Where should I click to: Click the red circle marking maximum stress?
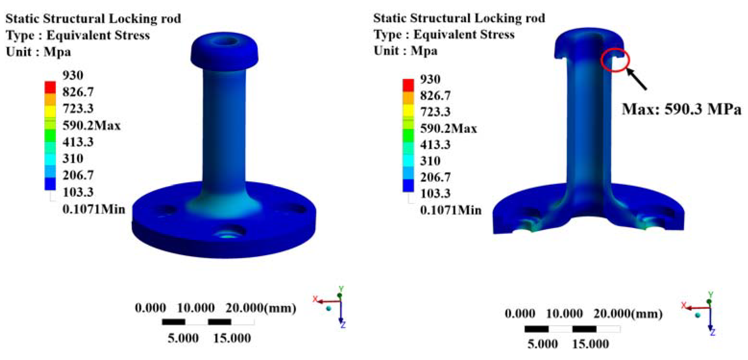(x=615, y=61)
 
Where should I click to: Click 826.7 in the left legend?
(x=78, y=92)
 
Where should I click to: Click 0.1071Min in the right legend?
(x=450, y=210)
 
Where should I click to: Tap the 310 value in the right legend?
(x=430, y=161)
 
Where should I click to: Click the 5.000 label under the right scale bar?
(x=542, y=344)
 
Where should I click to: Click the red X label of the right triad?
(x=684, y=305)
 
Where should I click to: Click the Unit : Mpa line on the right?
(x=405, y=51)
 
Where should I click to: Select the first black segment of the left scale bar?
(x=173, y=322)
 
